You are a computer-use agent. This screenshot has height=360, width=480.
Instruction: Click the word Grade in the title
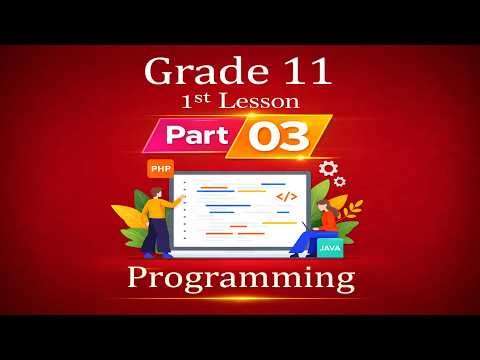tap(193, 72)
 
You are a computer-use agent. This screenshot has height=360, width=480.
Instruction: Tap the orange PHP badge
tap(159, 169)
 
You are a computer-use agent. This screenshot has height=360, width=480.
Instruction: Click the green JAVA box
tap(329, 243)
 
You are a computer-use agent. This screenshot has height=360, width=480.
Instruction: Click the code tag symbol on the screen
tap(286, 197)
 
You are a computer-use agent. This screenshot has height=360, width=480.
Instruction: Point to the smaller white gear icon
tap(340, 182)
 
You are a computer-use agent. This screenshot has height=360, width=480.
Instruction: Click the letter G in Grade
tap(158, 72)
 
